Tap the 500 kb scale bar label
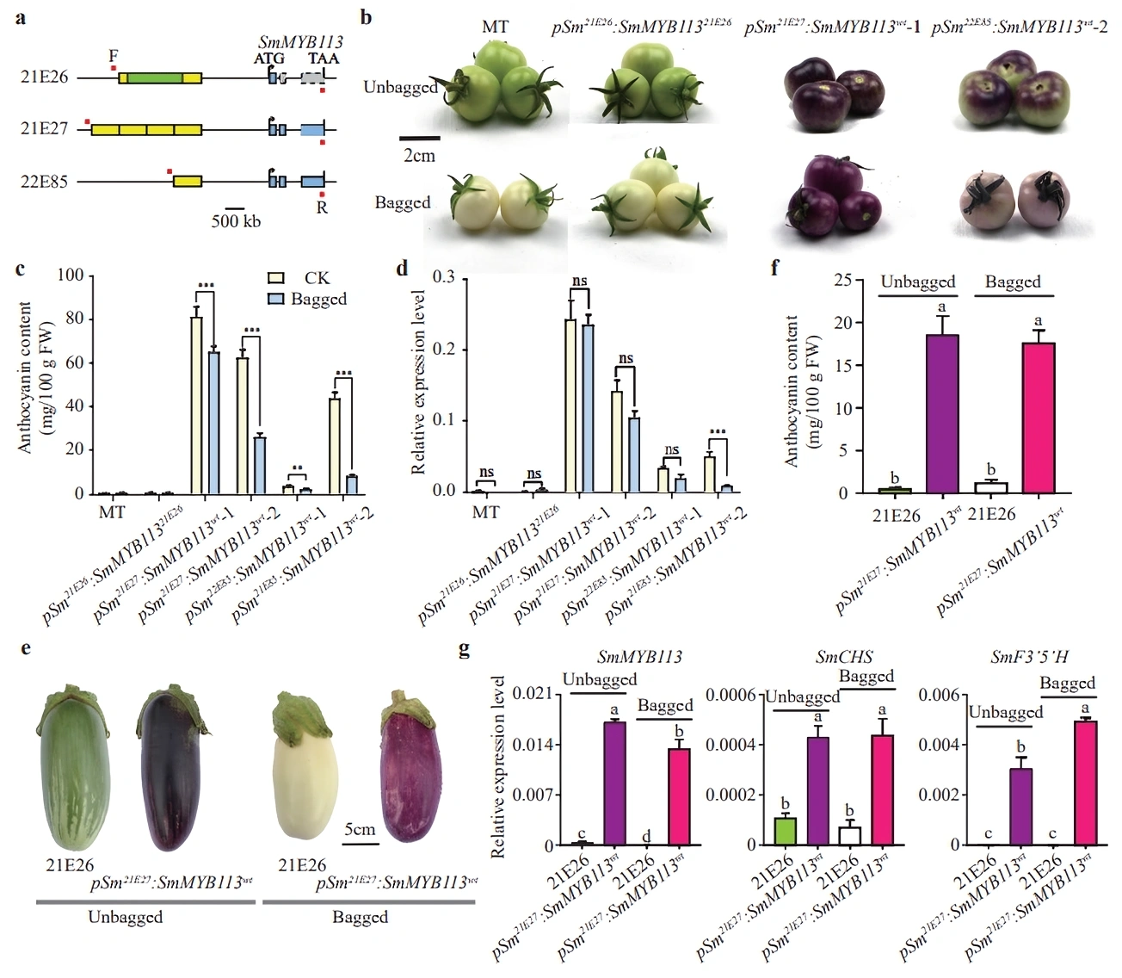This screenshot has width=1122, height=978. click(x=236, y=221)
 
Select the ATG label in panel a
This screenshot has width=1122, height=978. click(x=269, y=59)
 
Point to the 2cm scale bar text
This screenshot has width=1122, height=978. click(x=419, y=156)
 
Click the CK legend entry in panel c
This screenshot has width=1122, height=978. click(x=316, y=278)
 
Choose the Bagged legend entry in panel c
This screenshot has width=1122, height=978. click(x=318, y=299)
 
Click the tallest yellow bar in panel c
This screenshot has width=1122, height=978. click(x=196, y=405)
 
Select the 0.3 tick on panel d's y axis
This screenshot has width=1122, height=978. click(x=444, y=277)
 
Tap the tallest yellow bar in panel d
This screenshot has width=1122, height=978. click(x=570, y=405)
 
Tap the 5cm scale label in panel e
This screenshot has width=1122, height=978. click(x=360, y=829)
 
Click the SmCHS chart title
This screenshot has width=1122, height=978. click(x=843, y=658)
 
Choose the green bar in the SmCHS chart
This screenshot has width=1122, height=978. click(x=784, y=831)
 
